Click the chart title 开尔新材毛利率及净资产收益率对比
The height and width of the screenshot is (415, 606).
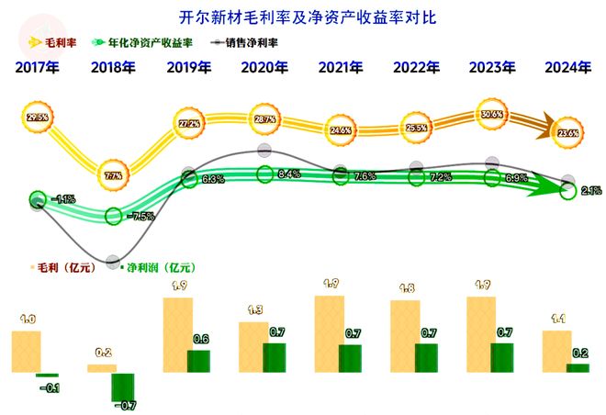tap(303, 17)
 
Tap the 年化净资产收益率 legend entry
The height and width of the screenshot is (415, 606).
tap(142, 42)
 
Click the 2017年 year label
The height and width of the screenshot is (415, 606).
tap(37, 67)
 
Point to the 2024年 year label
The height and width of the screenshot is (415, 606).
tap(567, 67)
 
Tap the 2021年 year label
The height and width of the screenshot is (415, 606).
tap(341, 67)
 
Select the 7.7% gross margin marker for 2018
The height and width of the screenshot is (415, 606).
tap(113, 174)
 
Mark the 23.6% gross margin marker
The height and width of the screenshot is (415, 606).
tap(567, 132)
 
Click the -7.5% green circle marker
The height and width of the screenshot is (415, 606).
tap(113, 216)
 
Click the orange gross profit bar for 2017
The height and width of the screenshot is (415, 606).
tap(26, 352)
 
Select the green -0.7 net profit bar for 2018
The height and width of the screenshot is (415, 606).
tap(122, 387)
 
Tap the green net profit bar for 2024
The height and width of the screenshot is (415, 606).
tap(578, 367)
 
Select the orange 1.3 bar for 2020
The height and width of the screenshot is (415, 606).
tap(252, 347)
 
